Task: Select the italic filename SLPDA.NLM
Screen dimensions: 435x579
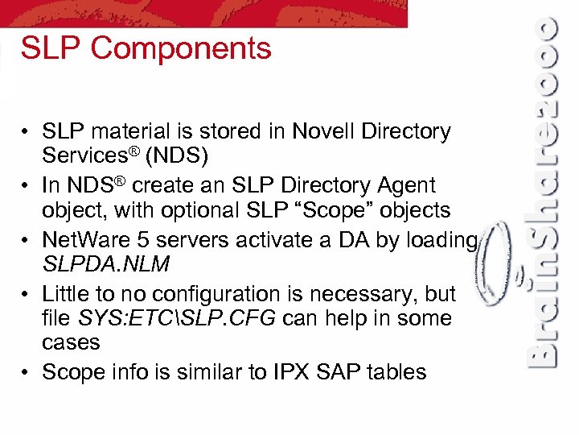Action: pyautogui.click(x=105, y=264)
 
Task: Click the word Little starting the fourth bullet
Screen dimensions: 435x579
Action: pyautogui.click(x=64, y=294)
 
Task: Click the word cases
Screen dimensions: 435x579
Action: pyautogui.click(x=71, y=342)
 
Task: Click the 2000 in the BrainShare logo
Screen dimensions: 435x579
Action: pyautogui.click(x=544, y=64)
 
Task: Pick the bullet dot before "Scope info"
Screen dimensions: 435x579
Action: pyautogui.click(x=27, y=372)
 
